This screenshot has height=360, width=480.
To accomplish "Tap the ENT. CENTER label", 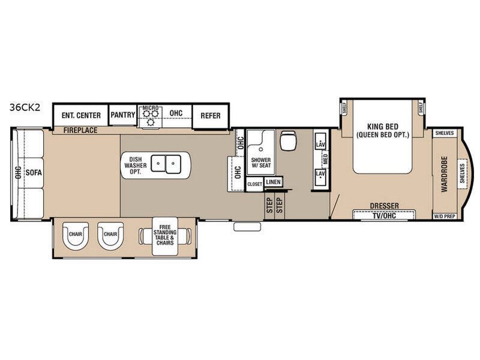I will (x=80, y=115).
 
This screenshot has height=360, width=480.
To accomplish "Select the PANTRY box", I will (x=123, y=115).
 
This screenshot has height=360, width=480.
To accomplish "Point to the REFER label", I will (x=210, y=116).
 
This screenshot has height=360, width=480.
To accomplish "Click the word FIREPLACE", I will (x=79, y=130).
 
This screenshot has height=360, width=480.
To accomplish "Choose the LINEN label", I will (x=273, y=181).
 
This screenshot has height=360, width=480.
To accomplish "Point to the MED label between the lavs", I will (x=326, y=160).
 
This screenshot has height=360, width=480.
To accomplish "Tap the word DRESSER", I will (x=384, y=206).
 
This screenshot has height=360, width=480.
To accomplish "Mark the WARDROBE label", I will (x=445, y=174).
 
